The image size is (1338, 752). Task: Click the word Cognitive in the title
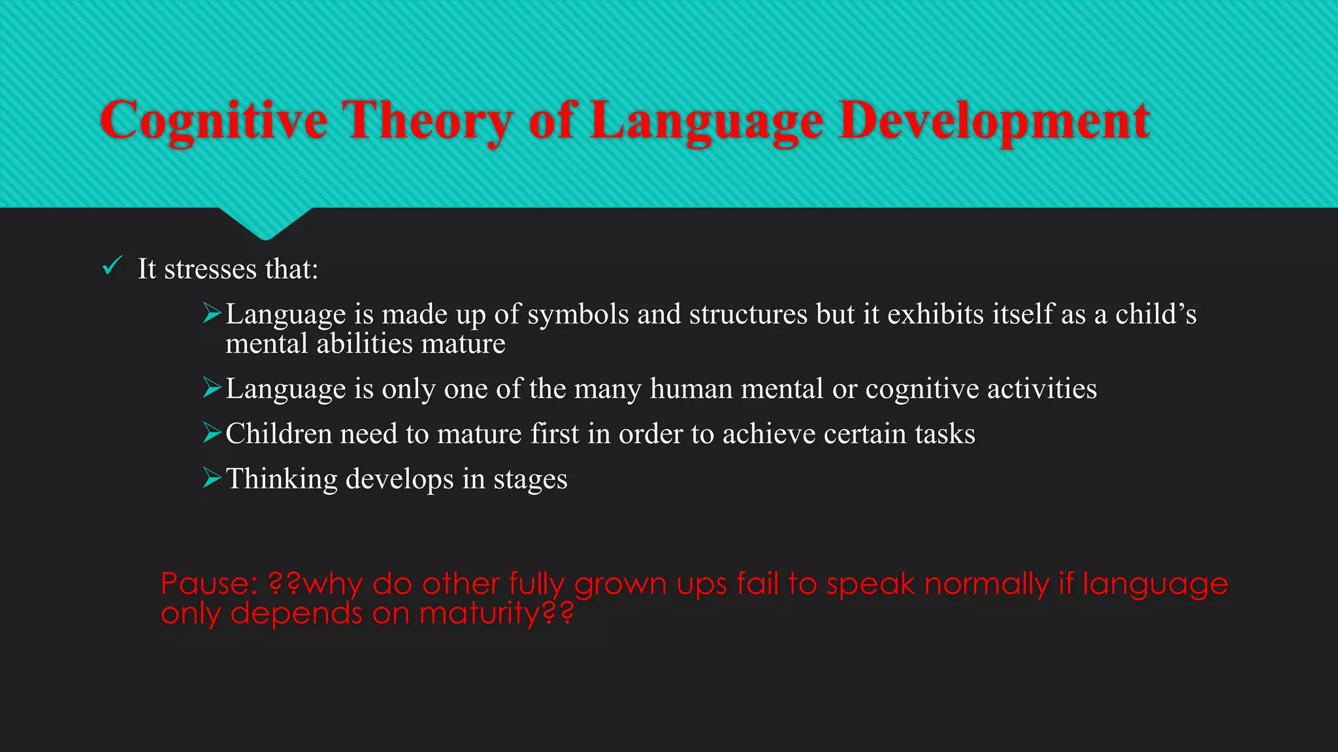(x=214, y=121)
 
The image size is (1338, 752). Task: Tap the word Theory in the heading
(x=429, y=121)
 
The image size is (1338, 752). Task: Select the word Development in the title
(x=994, y=121)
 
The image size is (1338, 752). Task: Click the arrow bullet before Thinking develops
(x=212, y=478)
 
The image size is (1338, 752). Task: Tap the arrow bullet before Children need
(x=212, y=433)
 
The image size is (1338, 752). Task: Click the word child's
(x=1155, y=314)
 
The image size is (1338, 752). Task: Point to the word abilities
(x=365, y=344)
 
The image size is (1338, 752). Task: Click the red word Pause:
(x=209, y=584)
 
